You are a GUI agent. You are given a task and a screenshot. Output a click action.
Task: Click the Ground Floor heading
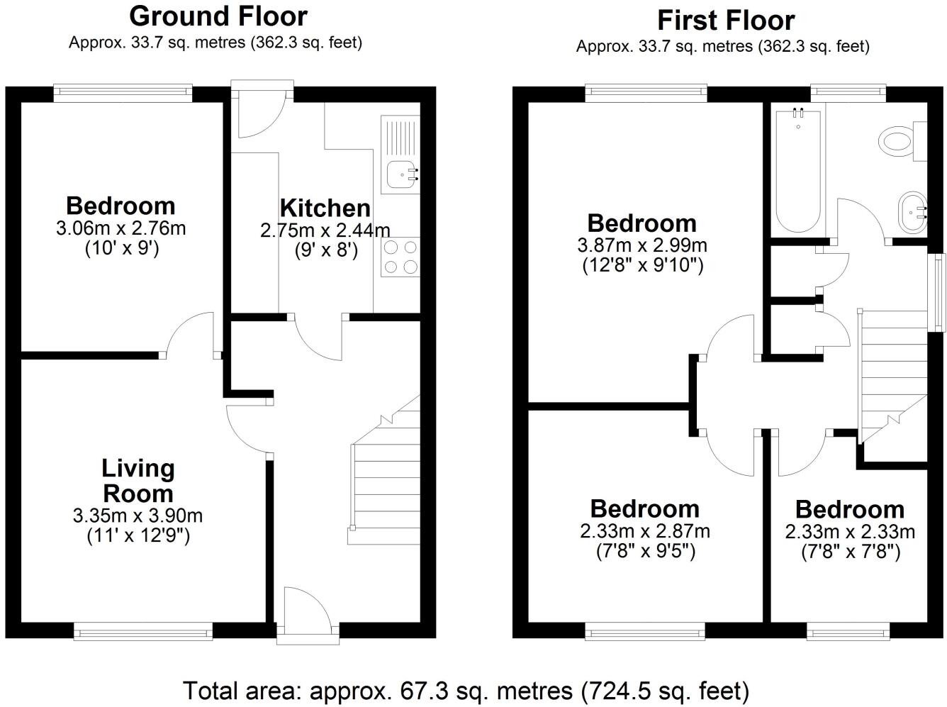coord(218,16)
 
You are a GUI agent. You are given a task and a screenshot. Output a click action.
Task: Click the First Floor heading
coord(726,20)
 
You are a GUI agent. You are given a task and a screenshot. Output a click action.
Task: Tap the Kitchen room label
coord(325,208)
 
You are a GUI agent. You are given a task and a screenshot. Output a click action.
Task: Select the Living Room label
coord(138,480)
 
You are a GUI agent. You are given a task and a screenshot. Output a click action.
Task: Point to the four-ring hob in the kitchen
coord(400,257)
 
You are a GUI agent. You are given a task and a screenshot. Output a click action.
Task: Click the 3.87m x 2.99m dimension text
coord(642,245)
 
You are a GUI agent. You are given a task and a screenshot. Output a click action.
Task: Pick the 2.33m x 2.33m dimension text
coord(850,531)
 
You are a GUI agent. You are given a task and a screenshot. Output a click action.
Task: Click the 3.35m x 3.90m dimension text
coord(138,516)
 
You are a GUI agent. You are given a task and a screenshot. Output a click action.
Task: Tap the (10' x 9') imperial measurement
coord(121,248)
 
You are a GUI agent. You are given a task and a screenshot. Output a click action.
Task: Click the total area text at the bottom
coord(466,690)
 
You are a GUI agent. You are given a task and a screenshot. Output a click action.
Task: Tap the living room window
coord(143,630)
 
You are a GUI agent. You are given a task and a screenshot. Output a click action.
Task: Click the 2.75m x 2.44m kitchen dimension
coord(325,230)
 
